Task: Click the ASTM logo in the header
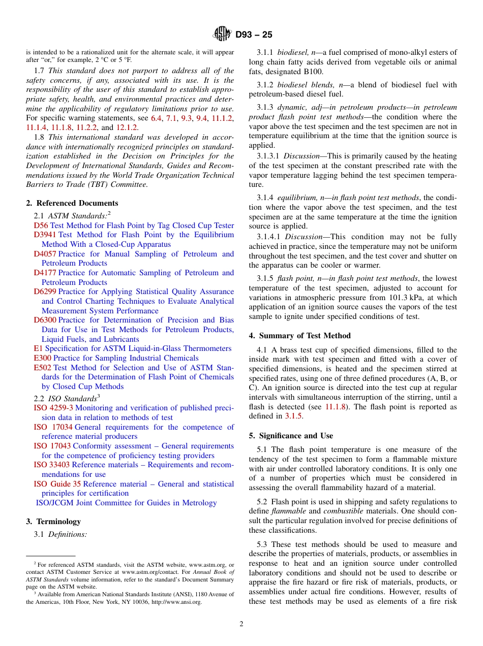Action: pos(222,35)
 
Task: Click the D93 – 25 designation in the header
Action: pos(254,35)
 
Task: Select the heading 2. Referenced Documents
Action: pos(72,203)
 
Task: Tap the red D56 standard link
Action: pos(41,225)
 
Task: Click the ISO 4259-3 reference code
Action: pos(53,408)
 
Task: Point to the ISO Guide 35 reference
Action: pos(57,484)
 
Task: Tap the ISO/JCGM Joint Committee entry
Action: pos(126,503)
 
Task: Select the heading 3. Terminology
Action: pos(53,522)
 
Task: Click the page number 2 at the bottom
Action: pos(242,624)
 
